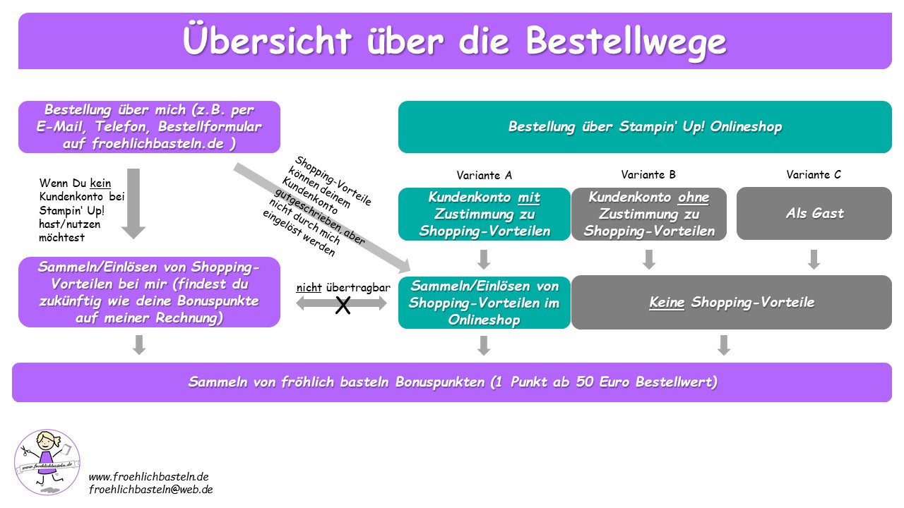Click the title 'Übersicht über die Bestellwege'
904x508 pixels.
click(454, 41)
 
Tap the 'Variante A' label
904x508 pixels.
click(484, 175)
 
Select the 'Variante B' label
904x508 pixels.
click(648, 175)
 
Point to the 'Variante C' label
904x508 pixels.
click(814, 175)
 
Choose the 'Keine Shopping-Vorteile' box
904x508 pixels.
click(731, 303)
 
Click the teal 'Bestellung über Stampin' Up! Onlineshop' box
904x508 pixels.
click(645, 127)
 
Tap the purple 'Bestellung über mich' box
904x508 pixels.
click(149, 127)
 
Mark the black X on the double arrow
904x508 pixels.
click(343, 306)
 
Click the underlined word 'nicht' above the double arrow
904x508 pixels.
click(309, 288)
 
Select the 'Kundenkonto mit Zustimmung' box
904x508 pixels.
click(484, 214)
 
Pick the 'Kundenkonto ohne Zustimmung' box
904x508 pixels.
click(648, 214)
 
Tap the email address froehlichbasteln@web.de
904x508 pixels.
click(150, 489)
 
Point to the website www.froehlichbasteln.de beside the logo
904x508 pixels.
click(148, 476)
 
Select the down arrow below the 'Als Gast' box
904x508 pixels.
click(814, 259)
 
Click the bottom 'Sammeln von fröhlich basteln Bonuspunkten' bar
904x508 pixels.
click(452, 382)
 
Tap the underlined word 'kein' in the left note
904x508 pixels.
click(101, 183)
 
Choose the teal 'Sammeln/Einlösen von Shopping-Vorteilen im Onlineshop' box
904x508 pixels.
click(484, 303)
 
